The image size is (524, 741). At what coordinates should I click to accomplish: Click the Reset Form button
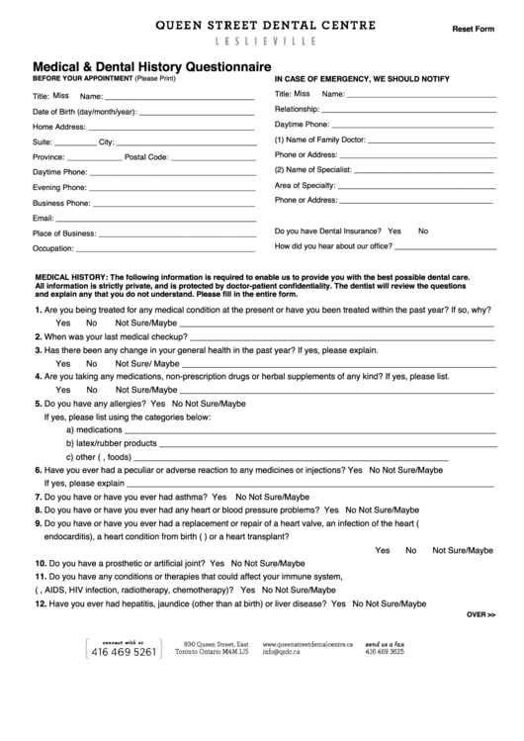click(473, 29)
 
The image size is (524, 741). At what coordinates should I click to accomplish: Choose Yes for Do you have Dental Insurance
click(393, 231)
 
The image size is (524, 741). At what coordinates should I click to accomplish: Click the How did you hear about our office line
click(444, 246)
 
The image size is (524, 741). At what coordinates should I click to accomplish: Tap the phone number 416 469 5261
click(124, 652)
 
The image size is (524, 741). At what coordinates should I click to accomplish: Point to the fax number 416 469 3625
click(385, 652)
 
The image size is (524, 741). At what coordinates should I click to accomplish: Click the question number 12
click(41, 602)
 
